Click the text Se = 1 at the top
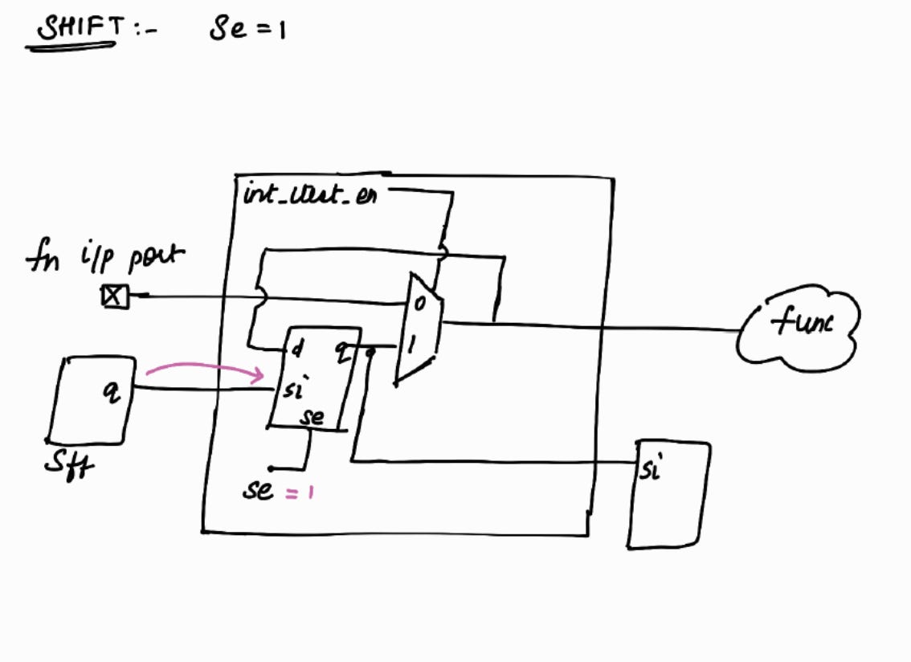click(247, 31)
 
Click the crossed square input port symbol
click(114, 296)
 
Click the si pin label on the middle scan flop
click(292, 389)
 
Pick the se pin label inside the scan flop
click(312, 417)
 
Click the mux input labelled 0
click(418, 304)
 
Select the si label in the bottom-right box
click(650, 468)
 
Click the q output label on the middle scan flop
click(342, 349)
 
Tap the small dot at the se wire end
click(271, 468)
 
